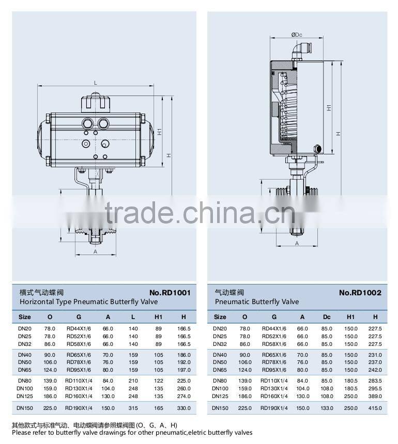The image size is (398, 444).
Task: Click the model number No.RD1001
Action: click(170, 293)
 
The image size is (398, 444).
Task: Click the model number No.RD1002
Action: click(360, 293)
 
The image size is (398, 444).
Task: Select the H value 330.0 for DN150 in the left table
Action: click(183, 408)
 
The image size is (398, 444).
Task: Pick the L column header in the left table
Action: click(133, 317)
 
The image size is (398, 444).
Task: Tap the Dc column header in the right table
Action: click(327, 317)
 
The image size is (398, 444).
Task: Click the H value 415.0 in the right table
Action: click(375, 408)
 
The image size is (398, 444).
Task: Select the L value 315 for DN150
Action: click(133, 408)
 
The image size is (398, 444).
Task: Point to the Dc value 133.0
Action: click(327, 408)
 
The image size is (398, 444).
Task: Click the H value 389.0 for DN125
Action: click(375, 396)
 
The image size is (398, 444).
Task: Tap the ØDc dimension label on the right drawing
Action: click(297, 35)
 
